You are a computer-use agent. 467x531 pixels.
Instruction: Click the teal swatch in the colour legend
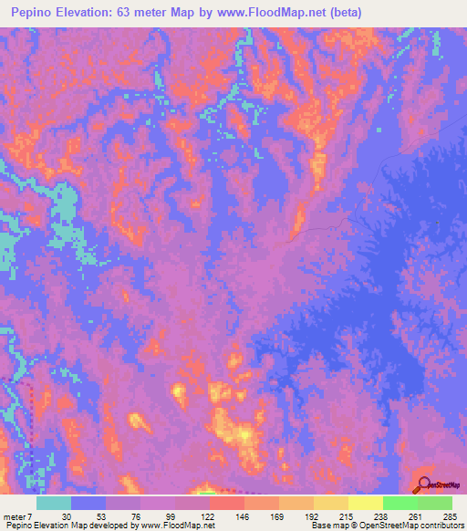pyautogui.click(x=53, y=503)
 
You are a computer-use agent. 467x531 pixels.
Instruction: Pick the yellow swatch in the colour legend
pyautogui.click(x=365, y=503)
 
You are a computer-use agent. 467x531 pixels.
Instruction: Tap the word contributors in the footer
pyautogui.click(x=439, y=526)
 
